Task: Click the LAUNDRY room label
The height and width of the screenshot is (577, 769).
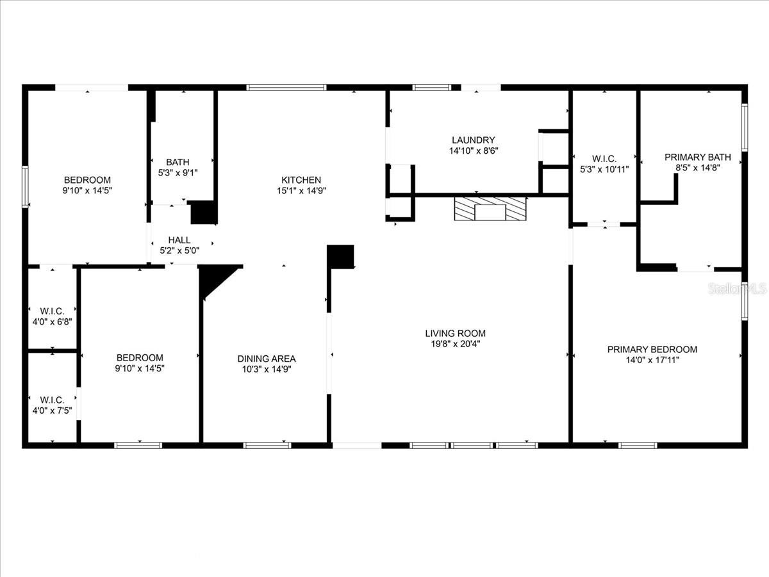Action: tap(473, 140)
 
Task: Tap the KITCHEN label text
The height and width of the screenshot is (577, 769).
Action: tap(301, 180)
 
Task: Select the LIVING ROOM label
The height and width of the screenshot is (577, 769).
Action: tap(455, 333)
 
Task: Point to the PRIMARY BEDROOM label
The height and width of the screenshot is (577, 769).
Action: tap(652, 349)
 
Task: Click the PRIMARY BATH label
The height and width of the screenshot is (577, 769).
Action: tap(697, 157)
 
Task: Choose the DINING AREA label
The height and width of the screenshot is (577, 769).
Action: tap(267, 359)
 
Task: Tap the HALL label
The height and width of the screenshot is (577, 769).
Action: tap(179, 240)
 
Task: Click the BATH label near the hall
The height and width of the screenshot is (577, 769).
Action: tap(178, 162)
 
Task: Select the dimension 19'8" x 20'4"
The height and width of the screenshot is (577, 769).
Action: tap(455, 344)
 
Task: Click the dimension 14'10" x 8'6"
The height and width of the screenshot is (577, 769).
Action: tap(473, 151)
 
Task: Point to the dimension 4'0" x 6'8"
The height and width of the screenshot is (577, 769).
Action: tap(53, 321)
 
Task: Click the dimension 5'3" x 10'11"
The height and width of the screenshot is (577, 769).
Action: tap(604, 169)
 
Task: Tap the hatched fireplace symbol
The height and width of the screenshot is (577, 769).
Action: tap(490, 209)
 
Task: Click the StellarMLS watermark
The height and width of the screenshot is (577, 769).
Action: tap(737, 289)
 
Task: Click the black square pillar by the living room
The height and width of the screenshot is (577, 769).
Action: tap(340, 256)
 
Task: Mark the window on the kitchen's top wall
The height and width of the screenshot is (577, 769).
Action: tap(286, 87)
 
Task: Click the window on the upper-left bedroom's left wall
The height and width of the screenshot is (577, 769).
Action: tap(26, 186)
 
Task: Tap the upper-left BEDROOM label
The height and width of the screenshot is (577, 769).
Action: tap(87, 180)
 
